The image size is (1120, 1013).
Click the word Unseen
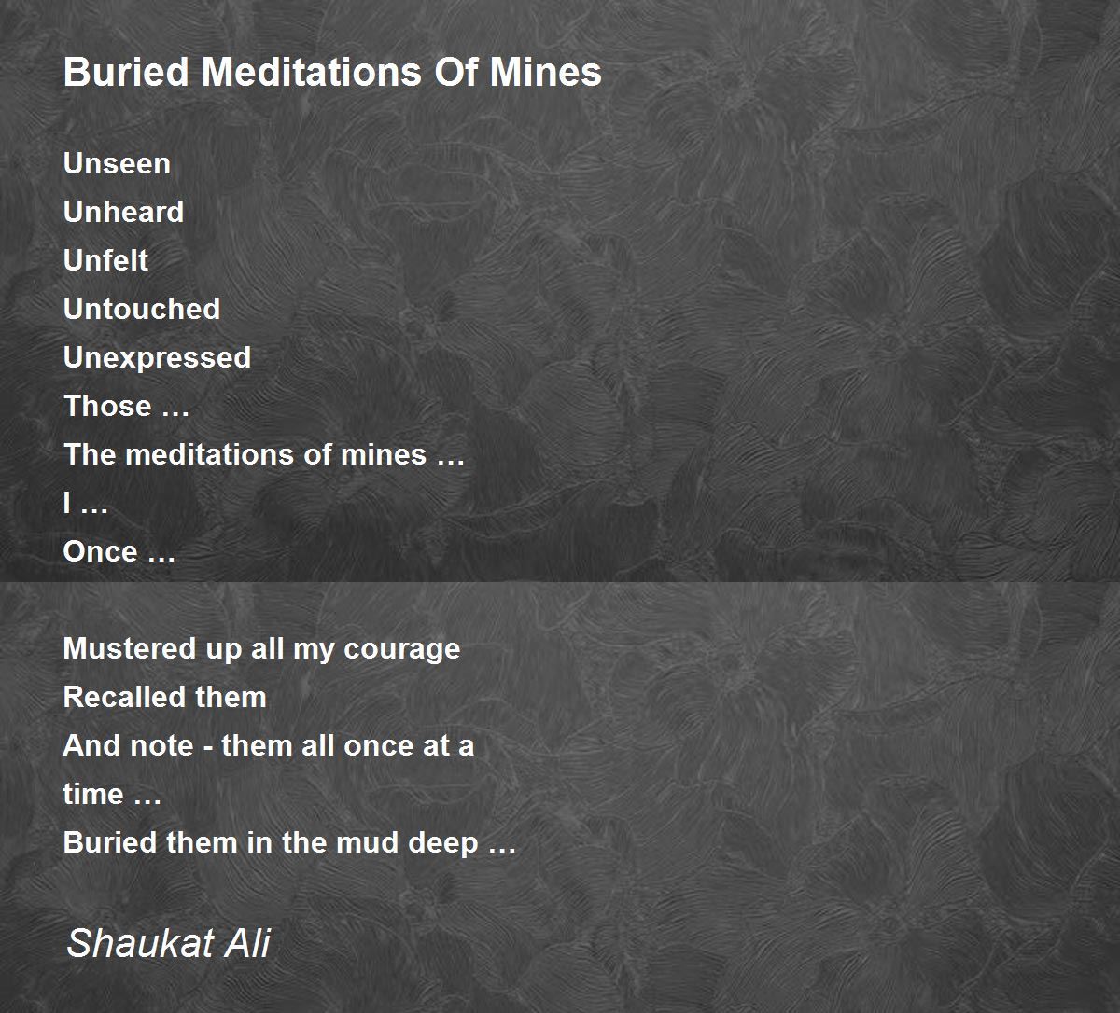tap(117, 163)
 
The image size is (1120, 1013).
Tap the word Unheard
tap(123, 212)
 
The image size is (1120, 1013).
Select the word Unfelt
tap(105, 260)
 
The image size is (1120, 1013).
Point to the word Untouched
tap(142, 309)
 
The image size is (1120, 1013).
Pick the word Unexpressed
tap(157, 358)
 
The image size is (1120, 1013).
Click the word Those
tap(107, 406)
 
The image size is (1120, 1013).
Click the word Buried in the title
tap(126, 73)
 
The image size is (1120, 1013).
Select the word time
tap(93, 795)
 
